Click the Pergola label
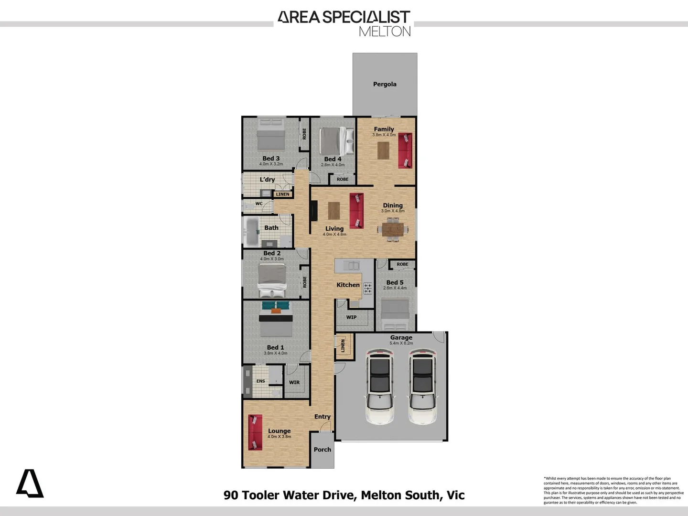(385, 84)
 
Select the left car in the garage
(379, 386)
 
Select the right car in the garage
(422, 386)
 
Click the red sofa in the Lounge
(255, 432)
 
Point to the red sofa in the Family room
(405, 150)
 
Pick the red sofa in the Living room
(356, 211)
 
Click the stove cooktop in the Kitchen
(367, 288)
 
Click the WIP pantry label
(352, 317)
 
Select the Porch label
(322, 450)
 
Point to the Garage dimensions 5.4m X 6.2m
(401, 343)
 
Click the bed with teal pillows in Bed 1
(276, 318)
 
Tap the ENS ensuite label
(260, 381)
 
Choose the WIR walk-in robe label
(294, 382)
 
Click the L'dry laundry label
(267, 180)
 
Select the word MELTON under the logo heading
(385, 32)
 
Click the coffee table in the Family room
(383, 150)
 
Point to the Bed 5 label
(395, 282)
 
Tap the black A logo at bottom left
(30, 484)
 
